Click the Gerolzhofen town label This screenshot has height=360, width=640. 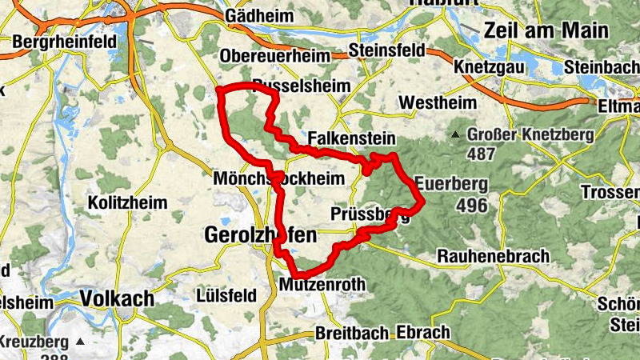click(x=261, y=235)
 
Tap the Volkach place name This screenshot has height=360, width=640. click(x=117, y=298)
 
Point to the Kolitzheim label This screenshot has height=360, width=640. click(x=128, y=202)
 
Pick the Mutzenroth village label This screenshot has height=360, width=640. click(x=322, y=284)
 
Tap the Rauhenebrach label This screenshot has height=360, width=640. click(x=494, y=257)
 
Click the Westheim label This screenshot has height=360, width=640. click(x=437, y=103)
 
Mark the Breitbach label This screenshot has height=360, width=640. click(x=352, y=332)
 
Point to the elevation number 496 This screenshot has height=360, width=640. click(x=472, y=206)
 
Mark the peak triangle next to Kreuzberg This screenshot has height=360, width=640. click(x=79, y=342)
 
